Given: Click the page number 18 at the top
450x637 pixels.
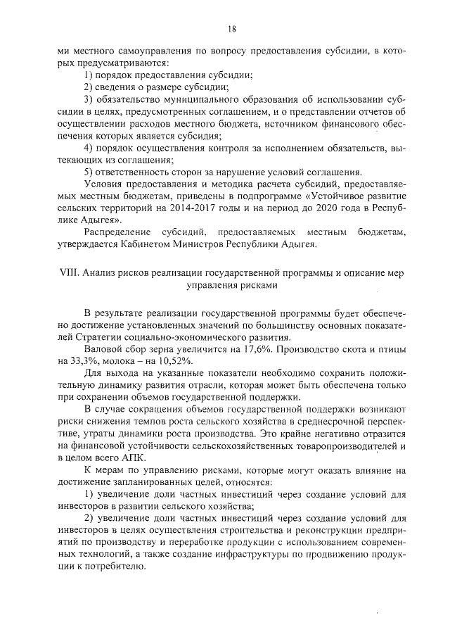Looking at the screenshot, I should point(231,29).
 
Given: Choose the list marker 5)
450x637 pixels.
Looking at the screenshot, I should point(89,172).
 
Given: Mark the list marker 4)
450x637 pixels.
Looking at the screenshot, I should point(89,147).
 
